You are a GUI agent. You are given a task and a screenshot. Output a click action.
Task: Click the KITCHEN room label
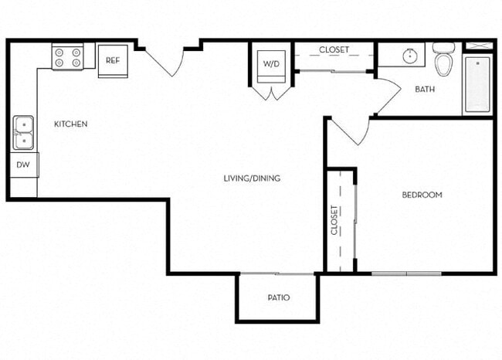[x=70, y=124]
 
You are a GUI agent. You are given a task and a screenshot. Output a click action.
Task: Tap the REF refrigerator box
[x=113, y=60]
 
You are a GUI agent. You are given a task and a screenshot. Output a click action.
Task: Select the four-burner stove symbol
[x=67, y=56]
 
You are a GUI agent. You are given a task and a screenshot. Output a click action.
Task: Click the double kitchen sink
[x=23, y=132]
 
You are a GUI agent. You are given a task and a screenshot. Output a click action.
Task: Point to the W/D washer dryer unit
[x=271, y=64]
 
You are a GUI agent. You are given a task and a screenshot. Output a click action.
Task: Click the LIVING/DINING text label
[x=252, y=178]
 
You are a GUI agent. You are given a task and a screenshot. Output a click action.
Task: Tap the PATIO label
[x=278, y=297]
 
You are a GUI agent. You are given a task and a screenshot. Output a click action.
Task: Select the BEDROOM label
[x=422, y=195]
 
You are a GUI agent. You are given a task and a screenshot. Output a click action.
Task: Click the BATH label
[x=425, y=90]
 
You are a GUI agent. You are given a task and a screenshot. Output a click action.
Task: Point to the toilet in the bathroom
[x=443, y=62]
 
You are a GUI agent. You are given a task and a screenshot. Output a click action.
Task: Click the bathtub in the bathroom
[x=477, y=82]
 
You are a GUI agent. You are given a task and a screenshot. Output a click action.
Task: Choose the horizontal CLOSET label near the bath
[x=334, y=49]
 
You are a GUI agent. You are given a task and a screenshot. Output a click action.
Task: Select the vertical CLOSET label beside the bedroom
[x=334, y=219]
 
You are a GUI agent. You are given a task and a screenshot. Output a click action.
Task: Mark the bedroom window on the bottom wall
[x=406, y=273]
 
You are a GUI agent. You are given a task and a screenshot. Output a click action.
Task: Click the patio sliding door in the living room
[x=276, y=273]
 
